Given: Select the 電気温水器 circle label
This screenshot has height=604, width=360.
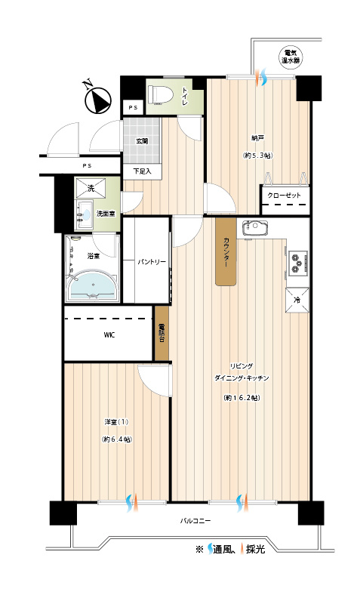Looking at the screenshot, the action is [291, 57].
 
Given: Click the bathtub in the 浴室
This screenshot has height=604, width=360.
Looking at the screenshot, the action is [92, 285].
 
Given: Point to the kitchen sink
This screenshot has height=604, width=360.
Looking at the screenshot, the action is [254, 228].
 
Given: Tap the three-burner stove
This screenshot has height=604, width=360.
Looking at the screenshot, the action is [297, 262].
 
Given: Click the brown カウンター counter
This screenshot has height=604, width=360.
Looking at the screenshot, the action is [226, 252].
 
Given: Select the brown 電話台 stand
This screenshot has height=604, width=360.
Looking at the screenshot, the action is [162, 333].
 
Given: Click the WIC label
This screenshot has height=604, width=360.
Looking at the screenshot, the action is [109, 334].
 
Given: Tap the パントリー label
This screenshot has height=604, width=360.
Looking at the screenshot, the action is [152, 262].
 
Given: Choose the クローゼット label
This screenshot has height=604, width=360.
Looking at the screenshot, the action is [284, 196].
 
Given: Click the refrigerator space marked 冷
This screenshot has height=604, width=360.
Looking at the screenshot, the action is [297, 300].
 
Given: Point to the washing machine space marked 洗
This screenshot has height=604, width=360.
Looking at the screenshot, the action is [91, 188].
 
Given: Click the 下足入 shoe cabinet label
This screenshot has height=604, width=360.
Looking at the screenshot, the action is [142, 171].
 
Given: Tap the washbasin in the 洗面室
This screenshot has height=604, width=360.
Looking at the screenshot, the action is [85, 214].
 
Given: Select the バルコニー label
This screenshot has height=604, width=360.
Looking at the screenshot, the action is [195, 521].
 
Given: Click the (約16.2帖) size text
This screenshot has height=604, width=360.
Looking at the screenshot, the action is [242, 398].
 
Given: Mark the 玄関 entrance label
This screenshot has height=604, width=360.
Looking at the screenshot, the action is [142, 141].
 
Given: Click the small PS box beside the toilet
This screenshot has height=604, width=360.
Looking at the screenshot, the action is [134, 108].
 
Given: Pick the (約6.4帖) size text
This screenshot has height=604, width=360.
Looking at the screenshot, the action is [116, 439].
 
